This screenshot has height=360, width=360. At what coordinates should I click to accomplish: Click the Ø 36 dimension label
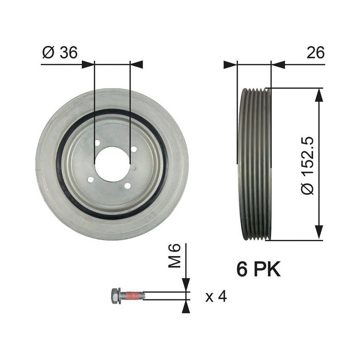(x=60, y=53)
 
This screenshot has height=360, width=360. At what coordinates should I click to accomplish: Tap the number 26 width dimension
(x=315, y=52)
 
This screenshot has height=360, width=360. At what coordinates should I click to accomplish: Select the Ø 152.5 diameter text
(x=308, y=166)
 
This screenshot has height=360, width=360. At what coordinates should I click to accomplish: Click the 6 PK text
(x=258, y=269)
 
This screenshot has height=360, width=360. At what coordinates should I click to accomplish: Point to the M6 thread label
(x=174, y=256)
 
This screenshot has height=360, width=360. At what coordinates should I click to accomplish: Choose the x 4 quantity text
(x=216, y=297)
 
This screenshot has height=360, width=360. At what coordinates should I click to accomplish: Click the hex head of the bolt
(x=115, y=296)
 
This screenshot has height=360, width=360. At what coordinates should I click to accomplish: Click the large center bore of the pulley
(x=112, y=164)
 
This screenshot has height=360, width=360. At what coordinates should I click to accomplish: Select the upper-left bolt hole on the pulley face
(x=97, y=143)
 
